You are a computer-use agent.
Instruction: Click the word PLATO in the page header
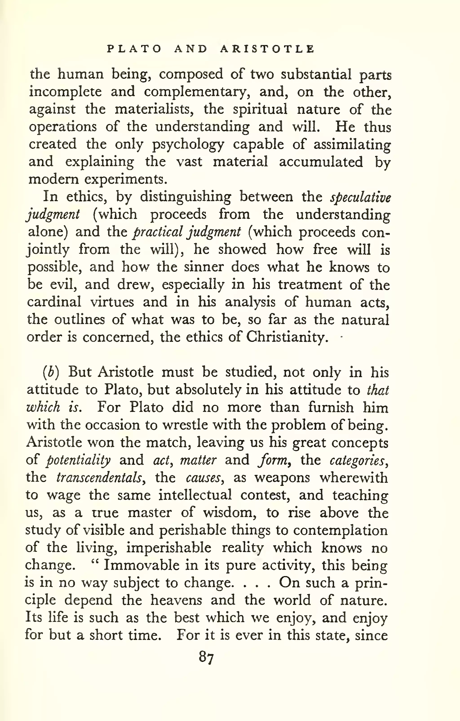click(134, 49)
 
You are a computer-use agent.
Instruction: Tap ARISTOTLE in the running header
click(267, 49)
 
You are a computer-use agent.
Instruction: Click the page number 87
click(206, 658)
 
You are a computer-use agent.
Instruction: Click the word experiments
click(125, 179)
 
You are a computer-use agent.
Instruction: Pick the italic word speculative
click(360, 198)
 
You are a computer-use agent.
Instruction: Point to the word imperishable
click(168, 548)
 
